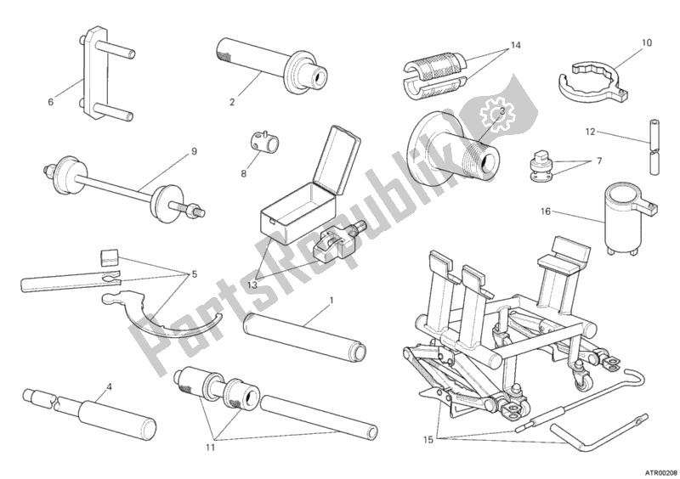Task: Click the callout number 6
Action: click(51, 102)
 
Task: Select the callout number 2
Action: click(232, 102)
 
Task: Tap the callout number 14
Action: click(515, 45)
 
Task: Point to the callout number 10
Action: click(646, 42)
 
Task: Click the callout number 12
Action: click(590, 132)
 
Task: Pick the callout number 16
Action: click(546, 211)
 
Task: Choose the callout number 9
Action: click(194, 151)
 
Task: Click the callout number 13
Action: click(252, 285)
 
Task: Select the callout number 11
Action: click(210, 448)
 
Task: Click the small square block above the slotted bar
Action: click(109, 257)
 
